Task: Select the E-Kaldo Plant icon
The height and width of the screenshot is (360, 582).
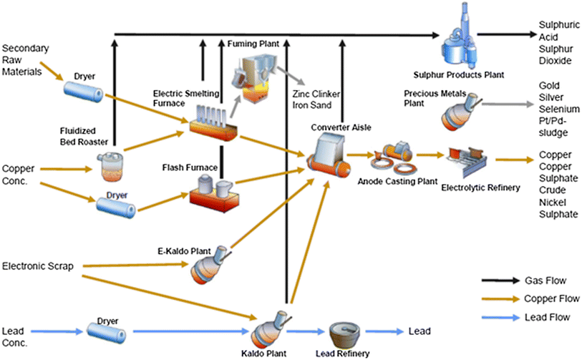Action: (x=209, y=268)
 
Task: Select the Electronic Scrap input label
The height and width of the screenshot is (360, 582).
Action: (x=38, y=266)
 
